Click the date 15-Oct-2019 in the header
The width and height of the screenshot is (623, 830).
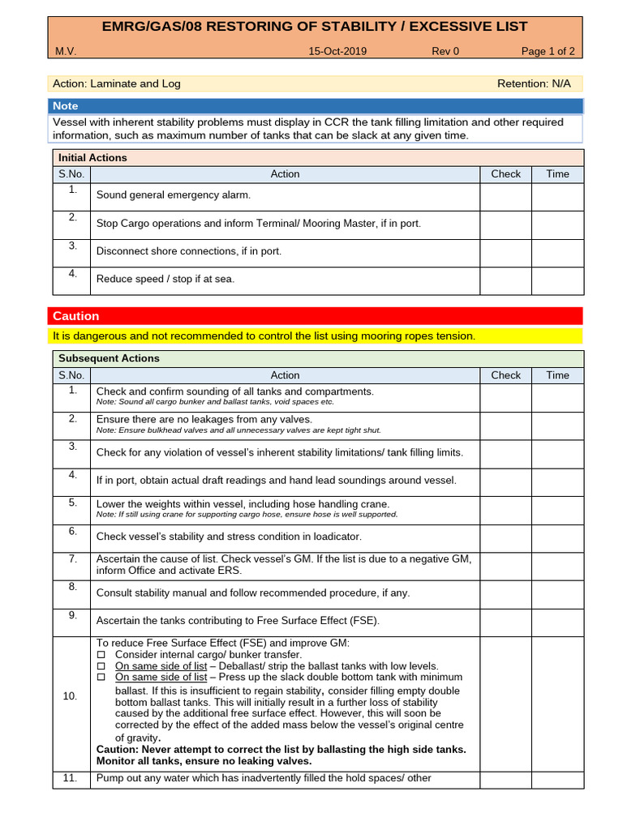click(337, 51)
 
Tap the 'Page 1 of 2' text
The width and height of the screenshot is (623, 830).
click(548, 51)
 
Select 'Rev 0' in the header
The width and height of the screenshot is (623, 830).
click(445, 51)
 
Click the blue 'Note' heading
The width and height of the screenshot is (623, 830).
click(66, 106)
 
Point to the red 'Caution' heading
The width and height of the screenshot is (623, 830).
click(76, 316)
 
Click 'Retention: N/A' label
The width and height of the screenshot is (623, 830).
click(533, 83)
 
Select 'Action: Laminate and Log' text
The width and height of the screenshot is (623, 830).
click(117, 83)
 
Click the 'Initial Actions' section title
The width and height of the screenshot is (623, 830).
click(92, 158)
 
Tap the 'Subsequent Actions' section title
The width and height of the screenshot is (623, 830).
click(109, 358)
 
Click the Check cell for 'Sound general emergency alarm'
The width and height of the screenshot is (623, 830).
click(505, 196)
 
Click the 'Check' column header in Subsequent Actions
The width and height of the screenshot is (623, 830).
click(505, 375)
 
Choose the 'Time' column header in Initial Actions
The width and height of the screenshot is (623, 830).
click(557, 174)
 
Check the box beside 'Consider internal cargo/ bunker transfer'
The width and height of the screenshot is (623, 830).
click(101, 655)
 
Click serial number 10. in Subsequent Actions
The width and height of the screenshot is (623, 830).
click(71, 696)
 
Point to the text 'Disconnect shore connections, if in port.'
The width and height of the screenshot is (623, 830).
click(189, 251)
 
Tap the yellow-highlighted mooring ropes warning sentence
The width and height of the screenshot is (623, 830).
click(264, 336)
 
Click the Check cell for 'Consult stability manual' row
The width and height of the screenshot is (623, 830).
click(505, 593)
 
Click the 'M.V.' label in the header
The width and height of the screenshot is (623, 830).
click(66, 51)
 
